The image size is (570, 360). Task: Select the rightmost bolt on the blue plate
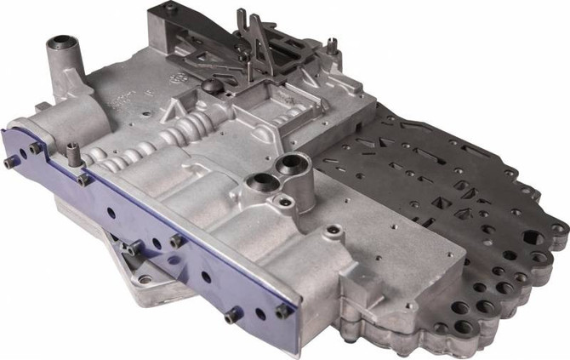click(x=282, y=311)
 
